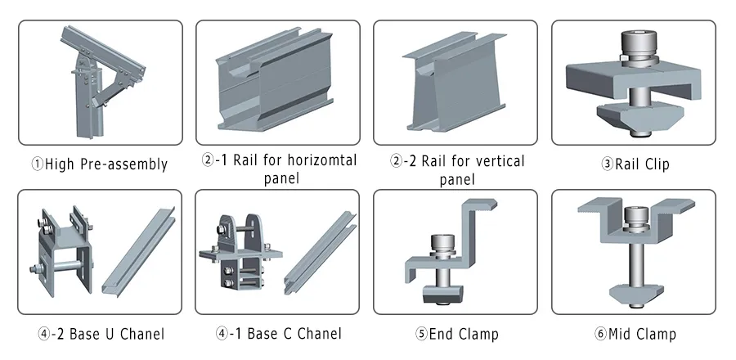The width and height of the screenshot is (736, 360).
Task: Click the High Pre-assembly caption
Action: [100, 164]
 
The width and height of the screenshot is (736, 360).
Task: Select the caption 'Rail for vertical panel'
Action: [457, 169]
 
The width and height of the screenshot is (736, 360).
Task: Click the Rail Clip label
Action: [635, 164]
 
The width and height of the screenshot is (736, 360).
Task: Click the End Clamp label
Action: [456, 334]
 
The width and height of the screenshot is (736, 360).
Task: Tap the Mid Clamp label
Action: [635, 334]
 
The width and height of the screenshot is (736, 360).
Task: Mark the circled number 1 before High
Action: [37, 164]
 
